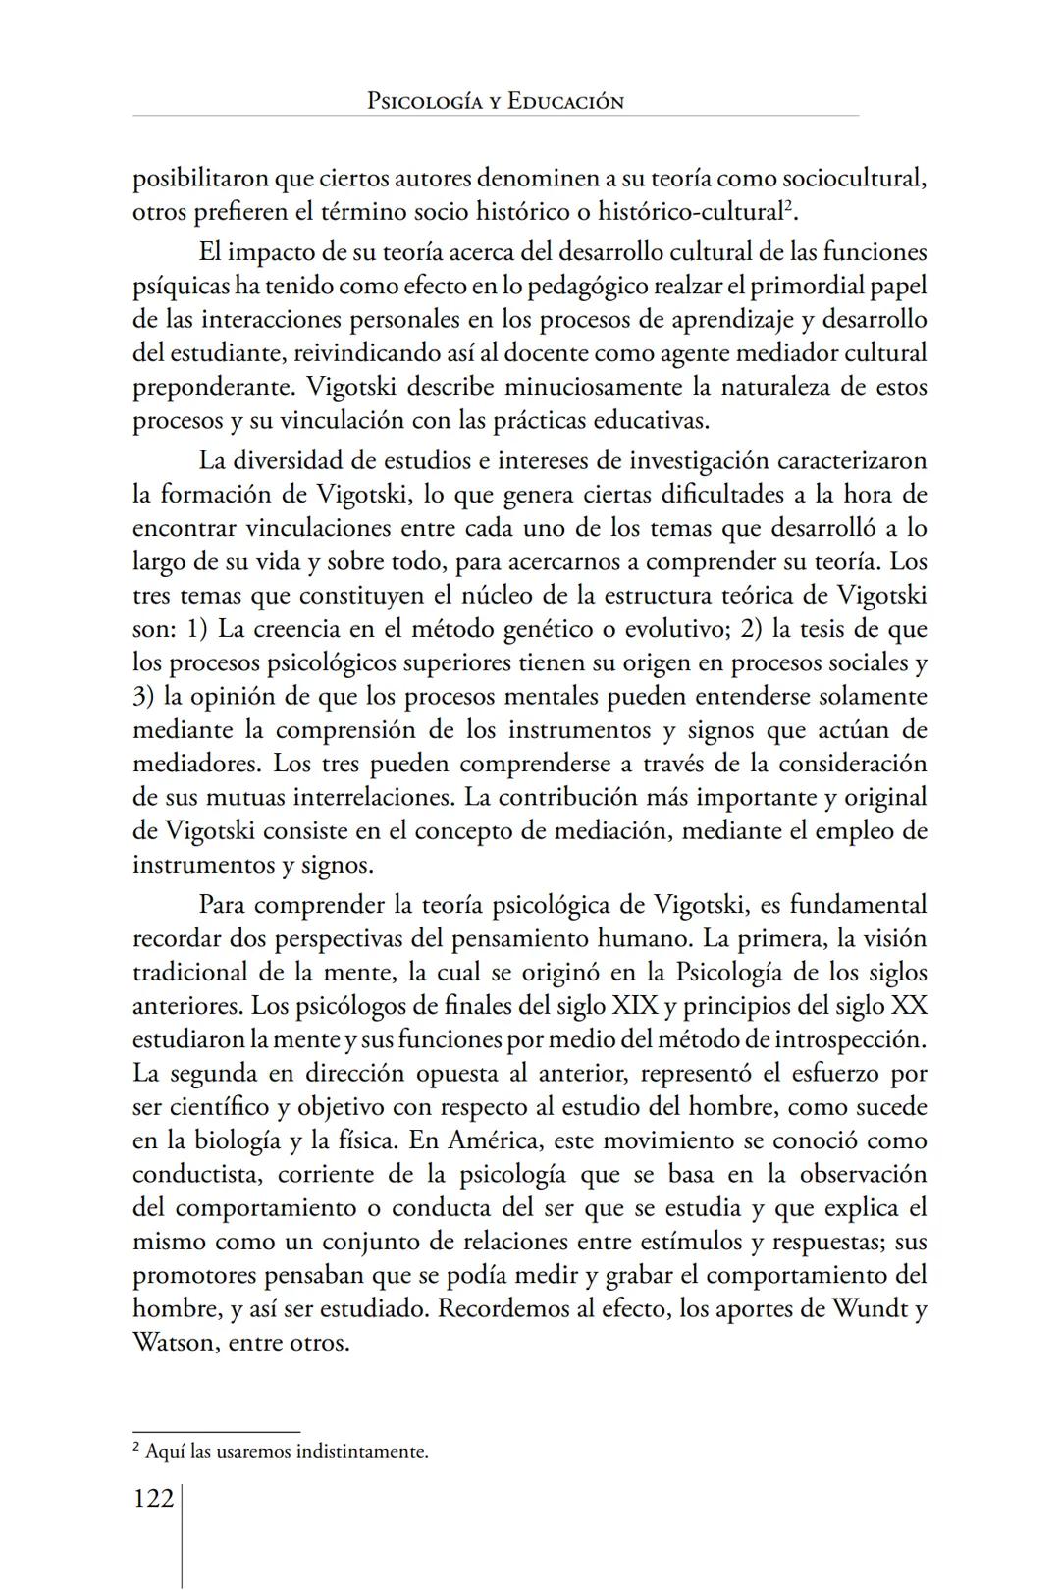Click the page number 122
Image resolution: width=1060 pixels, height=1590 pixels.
point(153,1499)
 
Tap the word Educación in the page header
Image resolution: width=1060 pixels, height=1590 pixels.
point(565,101)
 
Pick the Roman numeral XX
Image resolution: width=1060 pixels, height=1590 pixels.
point(908,1006)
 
